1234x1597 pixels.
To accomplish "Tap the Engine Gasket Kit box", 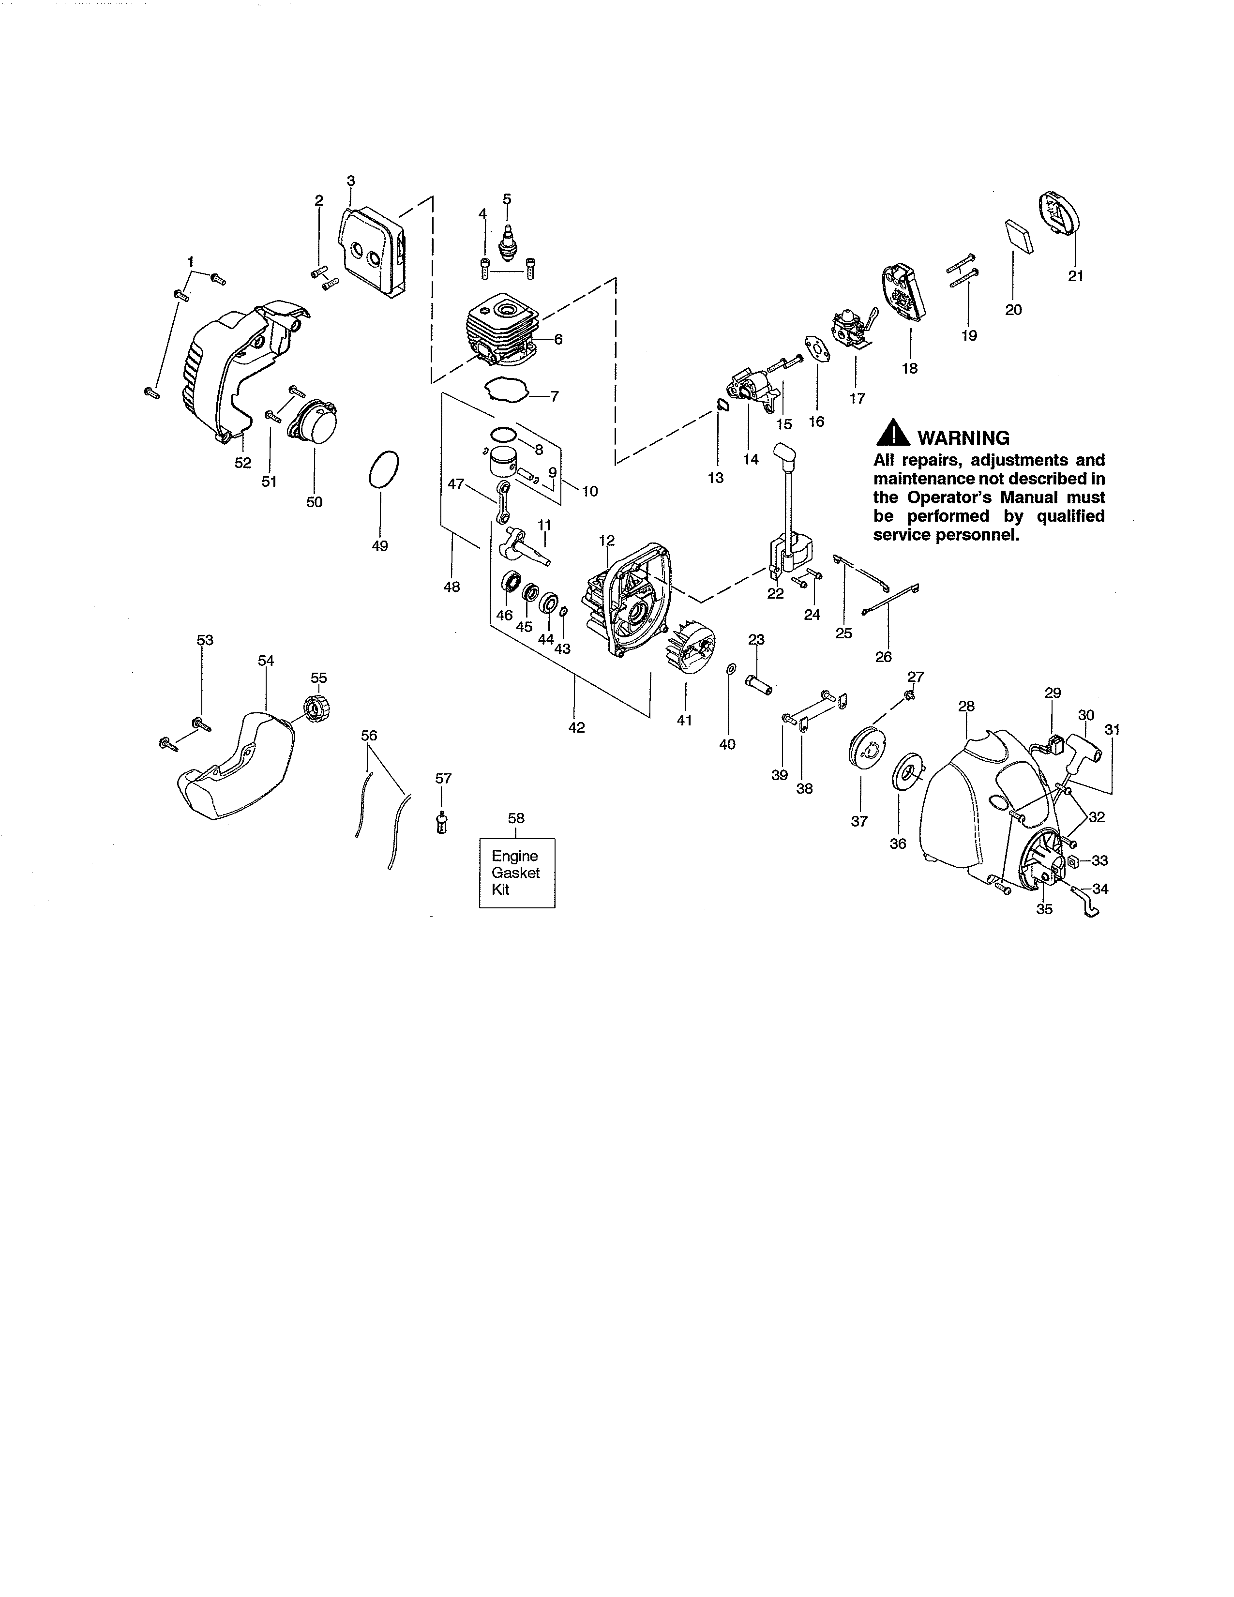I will pyautogui.click(x=517, y=873).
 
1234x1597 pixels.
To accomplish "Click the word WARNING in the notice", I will pyautogui.click(x=963, y=438).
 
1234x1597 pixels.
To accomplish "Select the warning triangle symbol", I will pyautogui.click(x=893, y=435).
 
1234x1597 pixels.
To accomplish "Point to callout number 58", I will pyautogui.click(x=516, y=818).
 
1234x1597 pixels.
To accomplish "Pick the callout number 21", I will pyautogui.click(x=1075, y=276).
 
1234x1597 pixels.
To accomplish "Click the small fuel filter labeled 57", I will pyautogui.click(x=441, y=824).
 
